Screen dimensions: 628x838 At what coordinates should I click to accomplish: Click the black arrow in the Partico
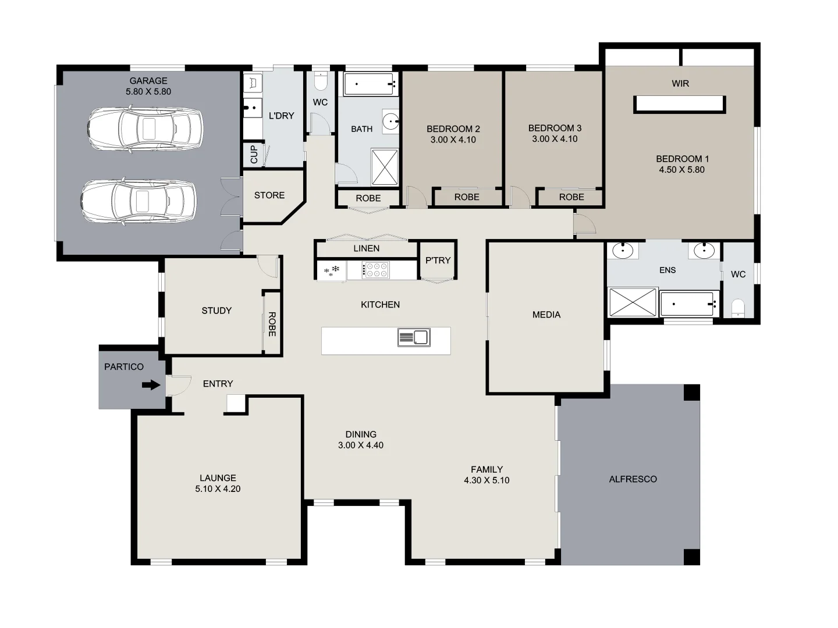(151, 384)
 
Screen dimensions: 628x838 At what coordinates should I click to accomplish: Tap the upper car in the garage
(145, 129)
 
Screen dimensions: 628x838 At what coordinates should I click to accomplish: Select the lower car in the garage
(138, 201)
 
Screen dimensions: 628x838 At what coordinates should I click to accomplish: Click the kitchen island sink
(414, 337)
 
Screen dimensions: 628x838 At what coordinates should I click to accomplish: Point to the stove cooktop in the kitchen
(376, 270)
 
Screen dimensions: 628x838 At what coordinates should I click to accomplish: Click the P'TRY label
(438, 261)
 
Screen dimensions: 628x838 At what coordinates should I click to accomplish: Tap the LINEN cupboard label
(367, 248)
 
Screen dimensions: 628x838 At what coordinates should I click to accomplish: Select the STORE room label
(269, 195)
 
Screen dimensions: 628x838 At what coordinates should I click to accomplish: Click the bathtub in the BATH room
(370, 84)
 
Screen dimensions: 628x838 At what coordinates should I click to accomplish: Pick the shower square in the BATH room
(385, 167)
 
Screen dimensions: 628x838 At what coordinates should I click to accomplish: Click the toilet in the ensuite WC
(738, 308)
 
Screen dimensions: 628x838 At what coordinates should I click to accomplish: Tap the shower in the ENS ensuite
(632, 302)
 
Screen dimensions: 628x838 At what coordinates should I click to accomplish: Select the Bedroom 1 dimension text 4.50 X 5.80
(681, 170)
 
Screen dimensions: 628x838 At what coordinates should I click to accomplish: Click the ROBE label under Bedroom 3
(571, 197)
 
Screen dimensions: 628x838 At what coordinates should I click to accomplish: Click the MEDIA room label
(546, 315)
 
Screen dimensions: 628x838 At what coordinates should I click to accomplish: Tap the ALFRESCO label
(633, 479)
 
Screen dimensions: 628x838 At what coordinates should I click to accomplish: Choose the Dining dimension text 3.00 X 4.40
(361, 445)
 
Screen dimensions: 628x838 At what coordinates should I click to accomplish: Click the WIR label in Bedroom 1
(680, 84)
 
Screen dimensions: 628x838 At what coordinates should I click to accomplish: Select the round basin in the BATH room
(391, 122)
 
